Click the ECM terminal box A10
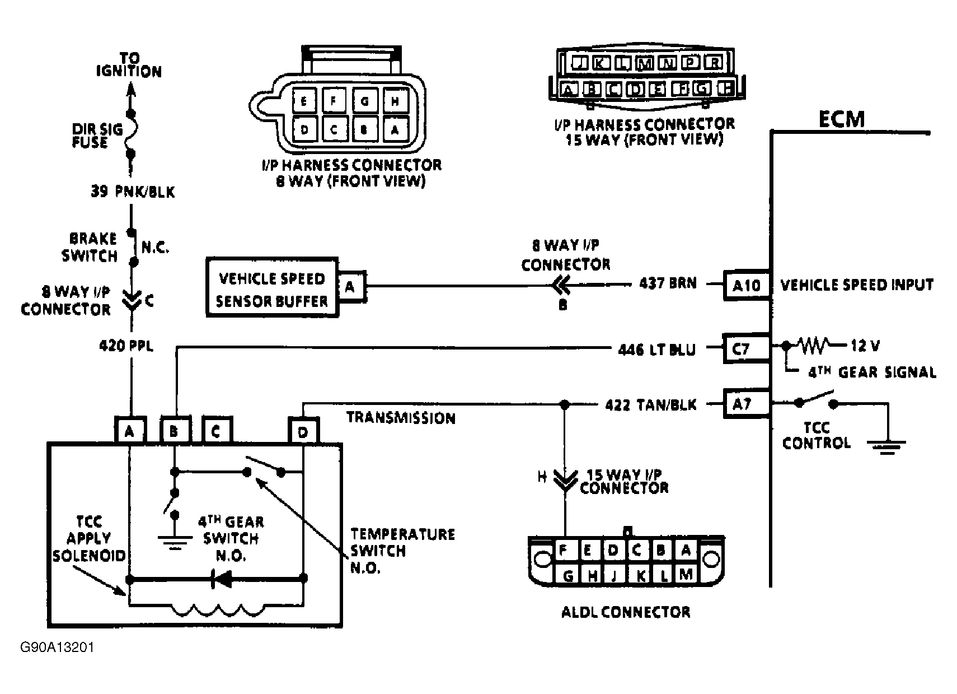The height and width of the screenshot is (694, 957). click(x=747, y=286)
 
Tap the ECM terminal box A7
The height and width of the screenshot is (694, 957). click(x=742, y=404)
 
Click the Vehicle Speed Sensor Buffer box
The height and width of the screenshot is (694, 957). click(x=273, y=288)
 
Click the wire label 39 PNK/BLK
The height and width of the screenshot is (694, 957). click(x=133, y=192)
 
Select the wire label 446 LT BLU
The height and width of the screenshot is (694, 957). click(x=656, y=350)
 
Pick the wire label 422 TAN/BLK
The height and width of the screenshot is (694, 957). click(x=651, y=405)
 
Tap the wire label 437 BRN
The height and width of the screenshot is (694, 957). click(x=668, y=283)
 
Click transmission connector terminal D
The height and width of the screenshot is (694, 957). click(x=303, y=431)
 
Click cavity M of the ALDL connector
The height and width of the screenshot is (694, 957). click(x=686, y=574)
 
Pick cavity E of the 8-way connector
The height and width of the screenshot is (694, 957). click(x=304, y=102)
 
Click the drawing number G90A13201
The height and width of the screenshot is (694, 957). click(x=57, y=648)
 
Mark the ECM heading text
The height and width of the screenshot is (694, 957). click(x=841, y=119)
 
